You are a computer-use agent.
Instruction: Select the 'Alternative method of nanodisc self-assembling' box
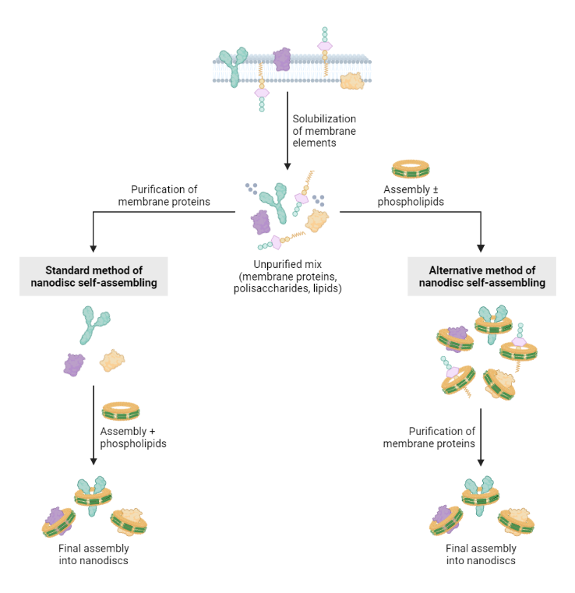[482, 277]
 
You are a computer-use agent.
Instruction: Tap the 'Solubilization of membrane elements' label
[324, 131]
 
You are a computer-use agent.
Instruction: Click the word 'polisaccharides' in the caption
[269, 288]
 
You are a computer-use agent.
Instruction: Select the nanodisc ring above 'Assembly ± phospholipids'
[410, 168]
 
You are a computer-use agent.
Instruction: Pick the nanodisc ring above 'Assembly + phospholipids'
[121, 410]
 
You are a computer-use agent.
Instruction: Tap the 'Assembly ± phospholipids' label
[410, 196]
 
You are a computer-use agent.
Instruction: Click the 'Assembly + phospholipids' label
[133, 437]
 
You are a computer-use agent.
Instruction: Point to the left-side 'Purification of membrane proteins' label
[164, 196]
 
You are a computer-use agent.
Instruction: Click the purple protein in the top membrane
[280, 59]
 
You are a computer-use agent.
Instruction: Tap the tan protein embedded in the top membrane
[351, 80]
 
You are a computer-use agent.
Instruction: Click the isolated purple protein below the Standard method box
[75, 363]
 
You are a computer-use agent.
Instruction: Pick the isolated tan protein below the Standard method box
[113, 361]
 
